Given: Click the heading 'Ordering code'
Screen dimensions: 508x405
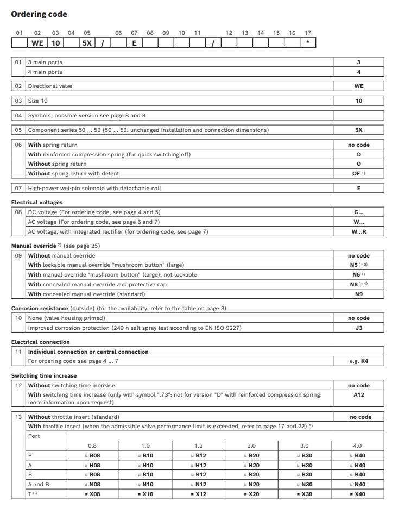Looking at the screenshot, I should (39, 14).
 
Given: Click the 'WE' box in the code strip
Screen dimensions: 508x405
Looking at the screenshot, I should (37, 43).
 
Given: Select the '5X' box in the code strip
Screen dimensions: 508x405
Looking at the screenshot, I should (86, 43).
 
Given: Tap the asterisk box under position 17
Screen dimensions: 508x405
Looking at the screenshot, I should (308, 43).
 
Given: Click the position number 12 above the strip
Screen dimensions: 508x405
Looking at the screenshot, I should (229, 33).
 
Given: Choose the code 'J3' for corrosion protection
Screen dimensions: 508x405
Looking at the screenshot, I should (358, 328).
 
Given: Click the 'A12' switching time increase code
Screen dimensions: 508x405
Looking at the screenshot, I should (358, 395).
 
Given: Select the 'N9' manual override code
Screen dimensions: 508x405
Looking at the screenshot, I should (358, 294).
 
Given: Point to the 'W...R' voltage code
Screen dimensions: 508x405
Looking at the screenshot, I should (358, 231).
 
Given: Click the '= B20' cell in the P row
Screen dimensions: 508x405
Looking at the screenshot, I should (251, 455).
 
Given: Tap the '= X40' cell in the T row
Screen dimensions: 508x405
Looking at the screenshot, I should (358, 494).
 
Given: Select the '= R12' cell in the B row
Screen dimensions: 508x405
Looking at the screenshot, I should (198, 474).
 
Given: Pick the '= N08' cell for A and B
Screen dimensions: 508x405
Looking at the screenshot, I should (92, 484).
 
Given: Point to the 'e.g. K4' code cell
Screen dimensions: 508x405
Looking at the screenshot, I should (358, 361).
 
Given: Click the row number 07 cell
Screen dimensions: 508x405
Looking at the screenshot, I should (18, 188).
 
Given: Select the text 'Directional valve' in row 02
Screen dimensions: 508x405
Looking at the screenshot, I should (50, 86).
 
